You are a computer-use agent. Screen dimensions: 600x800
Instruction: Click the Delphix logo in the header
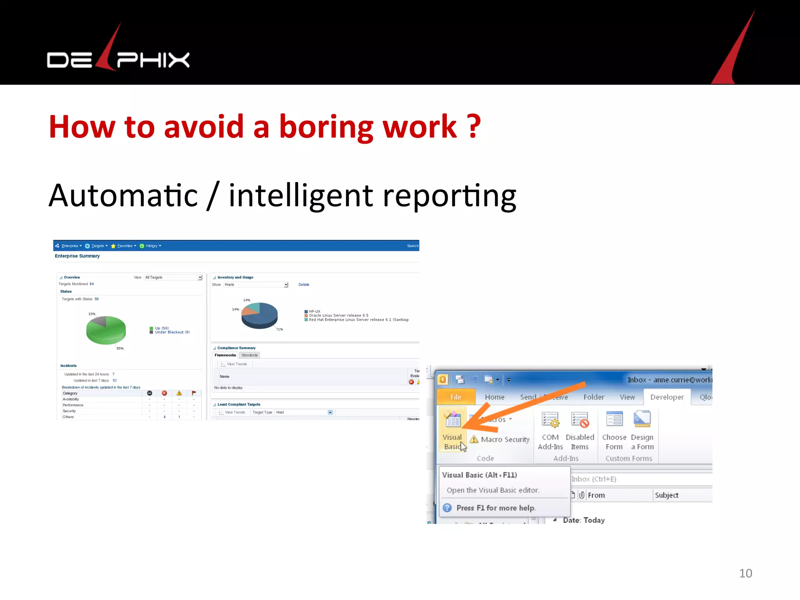point(118,59)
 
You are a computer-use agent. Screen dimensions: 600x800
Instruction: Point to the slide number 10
point(745,573)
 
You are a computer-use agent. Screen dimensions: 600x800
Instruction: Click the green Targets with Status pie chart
point(106,330)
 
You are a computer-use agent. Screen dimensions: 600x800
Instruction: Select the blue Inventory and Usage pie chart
point(259,315)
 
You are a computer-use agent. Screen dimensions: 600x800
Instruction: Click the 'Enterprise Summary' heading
point(77,256)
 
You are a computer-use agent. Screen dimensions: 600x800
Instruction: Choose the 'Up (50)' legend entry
point(161,328)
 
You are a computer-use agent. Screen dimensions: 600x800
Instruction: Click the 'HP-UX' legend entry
point(314,311)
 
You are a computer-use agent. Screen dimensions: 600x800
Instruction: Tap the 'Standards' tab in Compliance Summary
point(249,355)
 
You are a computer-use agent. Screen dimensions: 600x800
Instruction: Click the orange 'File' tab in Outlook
point(455,397)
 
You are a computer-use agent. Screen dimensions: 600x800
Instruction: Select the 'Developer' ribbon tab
point(667,397)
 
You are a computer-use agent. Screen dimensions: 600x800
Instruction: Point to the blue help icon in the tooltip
point(447,508)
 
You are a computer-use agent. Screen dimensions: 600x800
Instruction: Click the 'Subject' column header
point(666,495)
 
